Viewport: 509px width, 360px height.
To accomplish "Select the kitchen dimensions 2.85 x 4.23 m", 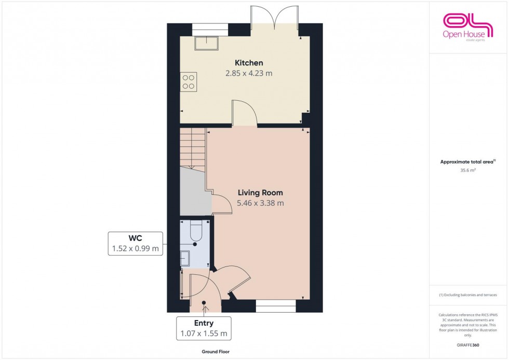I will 248,73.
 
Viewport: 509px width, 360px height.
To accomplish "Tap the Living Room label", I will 260,193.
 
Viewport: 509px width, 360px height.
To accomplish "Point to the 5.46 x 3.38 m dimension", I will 260,203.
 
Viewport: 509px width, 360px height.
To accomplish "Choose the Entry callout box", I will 204,328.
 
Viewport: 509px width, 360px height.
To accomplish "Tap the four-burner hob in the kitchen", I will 189,82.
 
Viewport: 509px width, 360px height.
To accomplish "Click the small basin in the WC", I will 185,257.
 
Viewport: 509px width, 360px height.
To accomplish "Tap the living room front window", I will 276,308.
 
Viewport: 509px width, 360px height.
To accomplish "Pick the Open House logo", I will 467,26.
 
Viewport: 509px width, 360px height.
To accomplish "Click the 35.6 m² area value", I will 468,169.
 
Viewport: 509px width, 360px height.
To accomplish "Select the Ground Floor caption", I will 216,352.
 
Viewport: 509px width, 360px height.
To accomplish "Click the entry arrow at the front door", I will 204,308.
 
